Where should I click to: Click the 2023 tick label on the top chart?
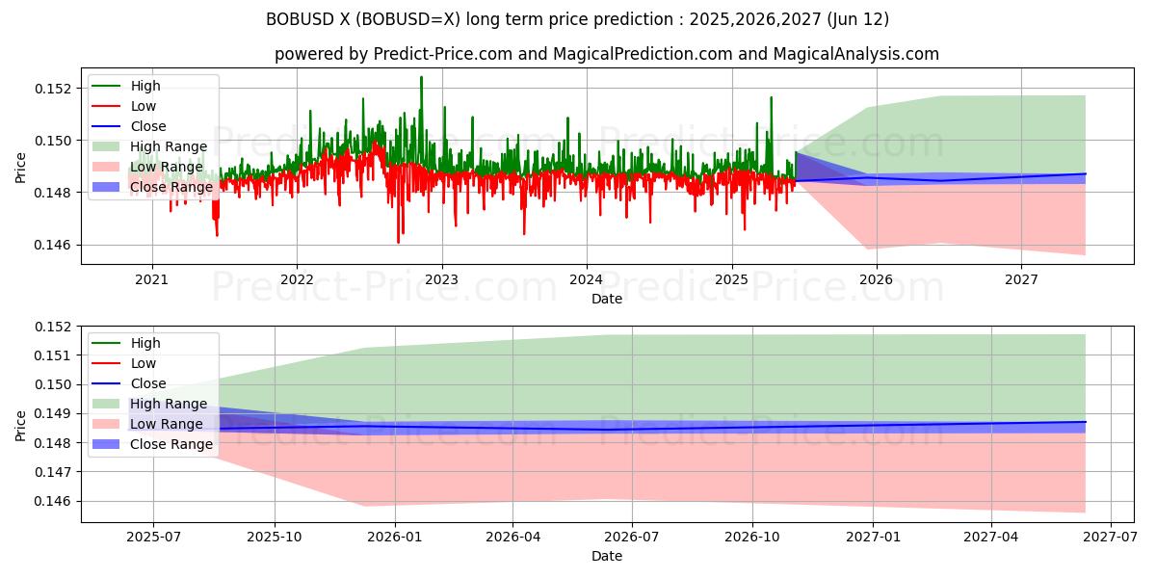(441, 280)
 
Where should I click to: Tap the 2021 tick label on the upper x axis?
(151, 280)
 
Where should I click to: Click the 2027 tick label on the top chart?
(1021, 280)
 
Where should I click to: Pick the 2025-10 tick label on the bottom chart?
(275, 538)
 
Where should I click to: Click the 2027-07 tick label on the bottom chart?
(1111, 538)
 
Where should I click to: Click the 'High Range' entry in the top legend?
(169, 146)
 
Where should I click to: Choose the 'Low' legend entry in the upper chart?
(143, 106)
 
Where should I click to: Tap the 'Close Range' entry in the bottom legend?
(171, 444)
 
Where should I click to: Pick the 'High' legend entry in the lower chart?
(145, 343)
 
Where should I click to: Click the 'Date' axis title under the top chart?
(607, 299)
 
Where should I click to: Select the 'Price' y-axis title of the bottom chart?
(21, 424)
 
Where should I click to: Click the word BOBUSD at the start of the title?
(296, 19)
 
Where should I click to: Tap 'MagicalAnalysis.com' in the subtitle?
(856, 54)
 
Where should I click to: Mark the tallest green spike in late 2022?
(421, 77)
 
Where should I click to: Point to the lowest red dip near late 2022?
(398, 242)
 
